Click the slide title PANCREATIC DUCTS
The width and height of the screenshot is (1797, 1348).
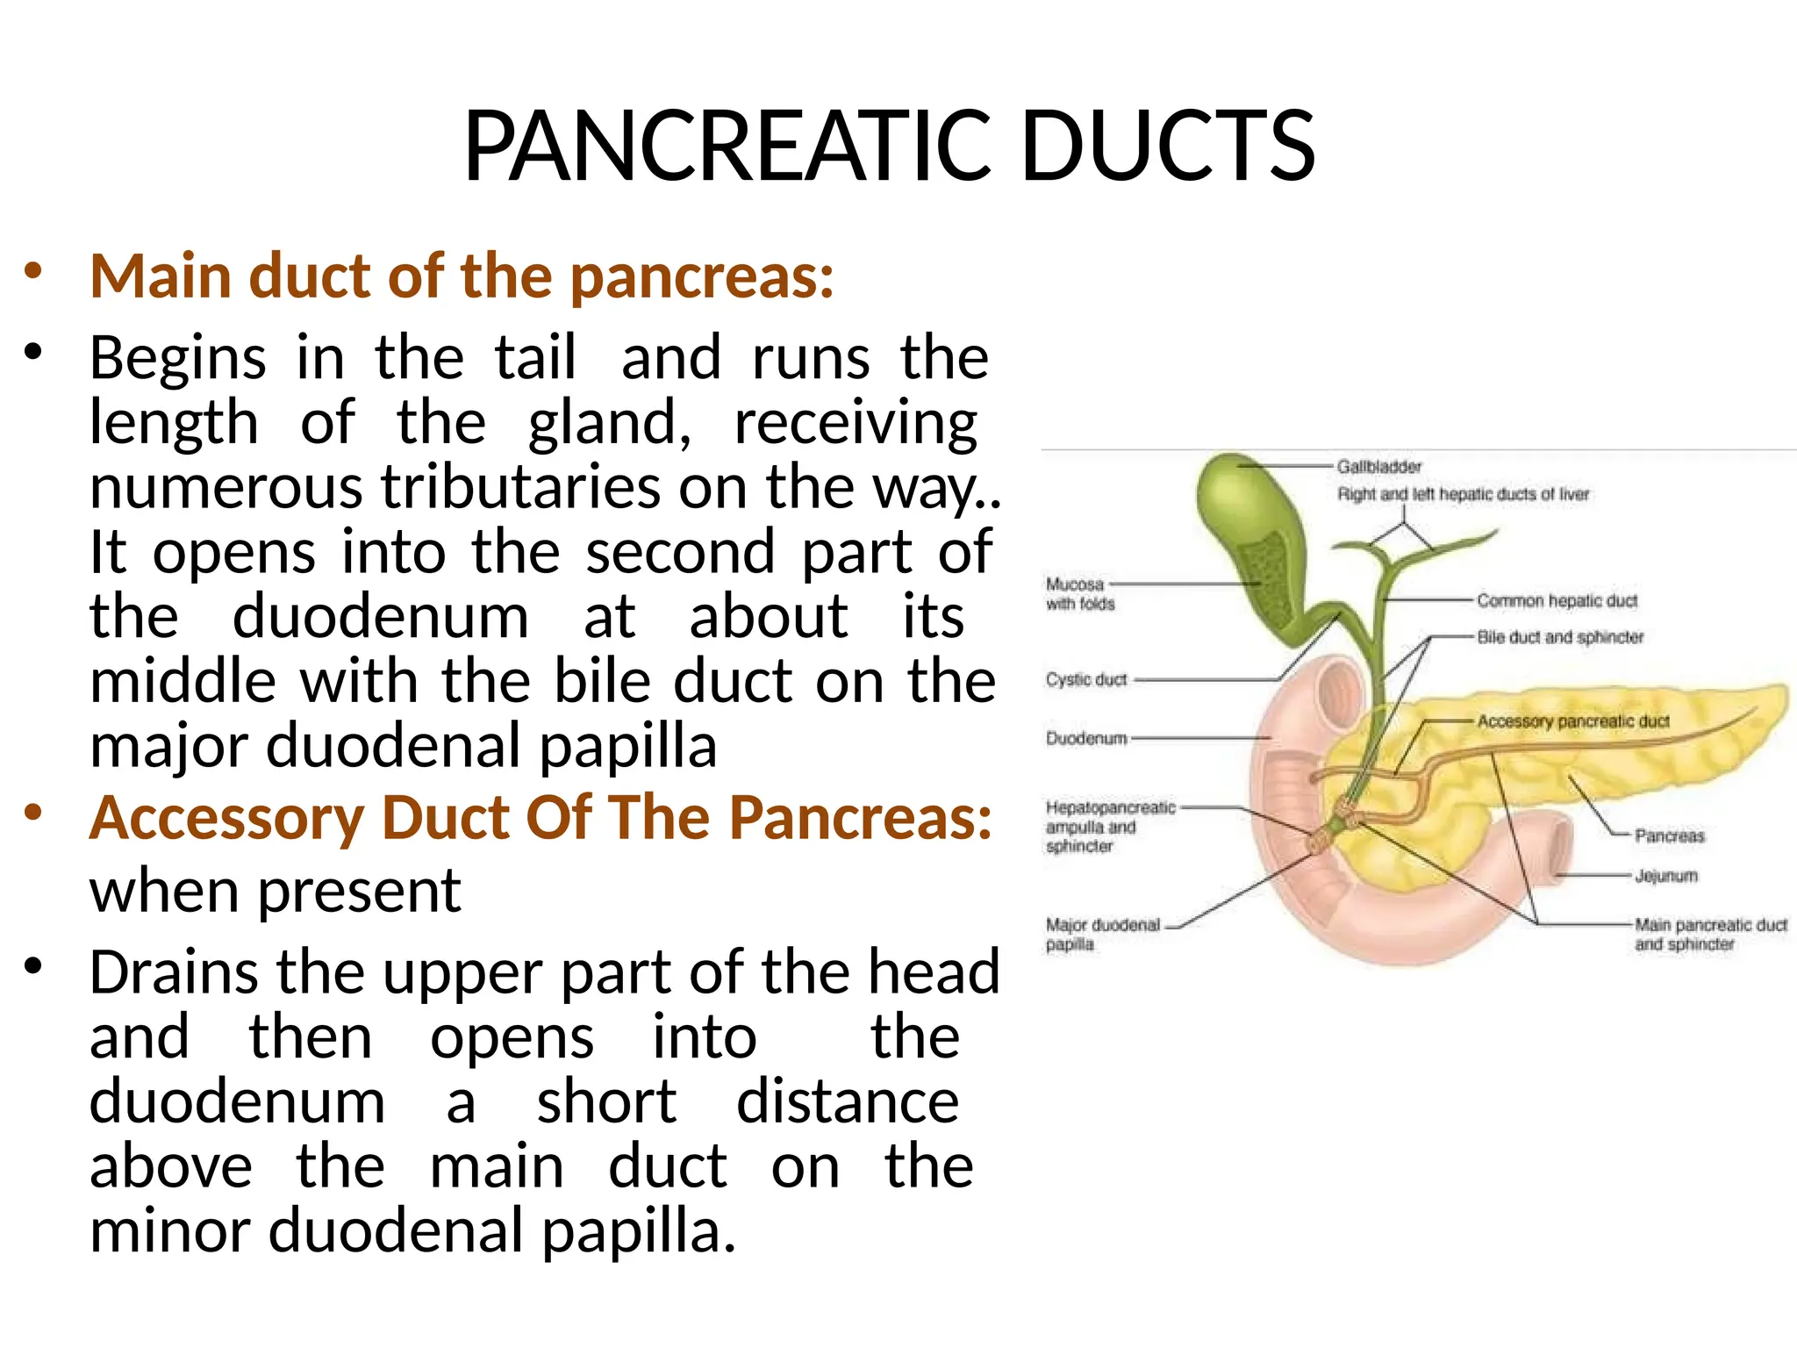pos(889,146)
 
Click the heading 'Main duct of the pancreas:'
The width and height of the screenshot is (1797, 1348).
pos(462,276)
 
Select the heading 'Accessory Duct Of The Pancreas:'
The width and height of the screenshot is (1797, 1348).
pos(541,818)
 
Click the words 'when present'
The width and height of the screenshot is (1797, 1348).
pos(275,891)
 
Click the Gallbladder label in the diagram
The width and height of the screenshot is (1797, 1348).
pos(1378,467)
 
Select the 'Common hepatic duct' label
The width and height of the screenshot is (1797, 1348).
pos(1557,601)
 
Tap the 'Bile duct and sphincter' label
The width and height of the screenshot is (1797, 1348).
pos(1560,637)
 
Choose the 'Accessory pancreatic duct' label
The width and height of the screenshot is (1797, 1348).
pos(1572,721)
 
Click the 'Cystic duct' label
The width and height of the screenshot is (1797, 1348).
pos(1085,680)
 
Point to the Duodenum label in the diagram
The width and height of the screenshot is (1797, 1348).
pos(1086,739)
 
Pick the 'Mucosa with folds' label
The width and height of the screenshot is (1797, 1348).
pos(1079,594)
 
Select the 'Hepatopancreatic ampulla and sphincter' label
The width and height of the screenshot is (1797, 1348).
pos(1109,827)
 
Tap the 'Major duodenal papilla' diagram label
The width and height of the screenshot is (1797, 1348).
pos(1101,935)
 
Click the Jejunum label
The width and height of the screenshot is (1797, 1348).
pos(1665,876)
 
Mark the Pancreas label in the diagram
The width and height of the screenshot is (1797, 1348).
pos(1669,836)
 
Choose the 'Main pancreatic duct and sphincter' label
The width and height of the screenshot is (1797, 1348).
pos(1709,935)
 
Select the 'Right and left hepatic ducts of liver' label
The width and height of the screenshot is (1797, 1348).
pos(1463,495)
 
